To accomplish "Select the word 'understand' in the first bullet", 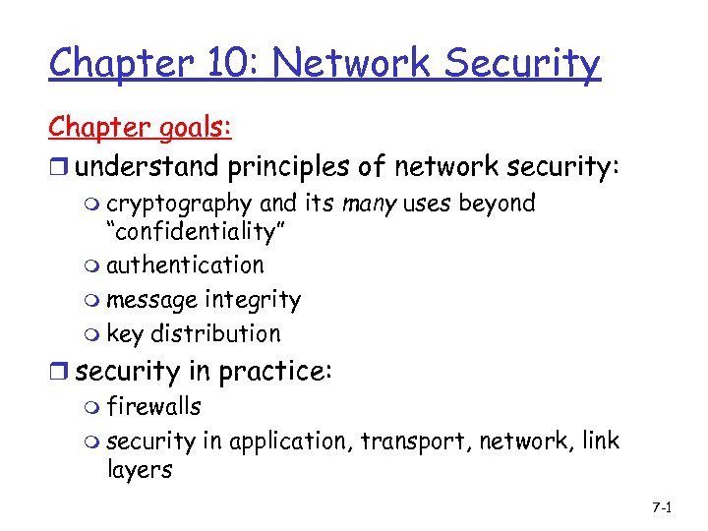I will (148, 167).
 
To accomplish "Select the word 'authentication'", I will (185, 265).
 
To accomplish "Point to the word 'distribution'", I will (215, 333).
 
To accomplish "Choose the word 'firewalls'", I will (154, 406).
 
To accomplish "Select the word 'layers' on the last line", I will (140, 470).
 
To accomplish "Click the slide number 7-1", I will (661, 507).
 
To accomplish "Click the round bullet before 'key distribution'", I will (92, 335).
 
